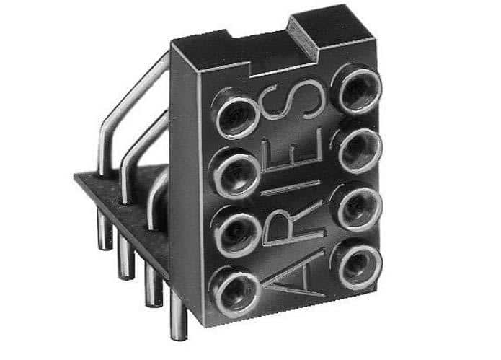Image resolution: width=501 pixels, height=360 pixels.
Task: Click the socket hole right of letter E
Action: pos(359,151)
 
